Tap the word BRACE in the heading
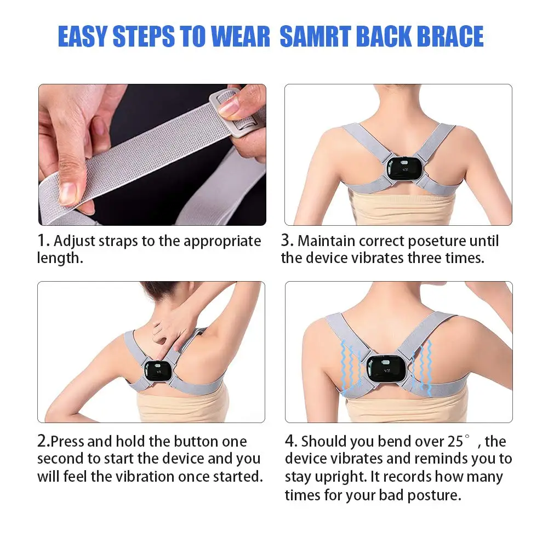coord(451,36)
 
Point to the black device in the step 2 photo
coord(157,371)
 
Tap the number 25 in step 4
coord(455,441)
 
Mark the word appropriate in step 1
coord(222,242)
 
